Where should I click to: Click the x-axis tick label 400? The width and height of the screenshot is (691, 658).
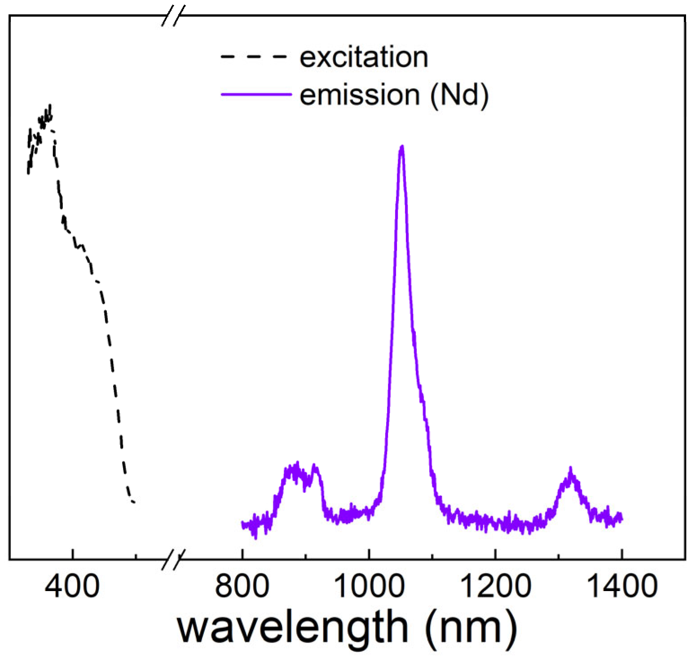point(72,587)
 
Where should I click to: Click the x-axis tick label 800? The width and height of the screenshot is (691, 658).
point(242,587)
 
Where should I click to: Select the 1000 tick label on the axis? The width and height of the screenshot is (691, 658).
point(369,587)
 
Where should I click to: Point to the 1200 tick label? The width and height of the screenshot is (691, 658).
point(496,587)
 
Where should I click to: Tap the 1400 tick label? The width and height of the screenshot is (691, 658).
point(622,587)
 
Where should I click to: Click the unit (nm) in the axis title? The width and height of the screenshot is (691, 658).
point(471,628)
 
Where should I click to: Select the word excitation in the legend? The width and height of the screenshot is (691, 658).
point(364,57)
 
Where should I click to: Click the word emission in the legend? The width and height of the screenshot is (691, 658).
point(360,95)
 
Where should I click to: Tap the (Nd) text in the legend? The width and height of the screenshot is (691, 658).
point(459,95)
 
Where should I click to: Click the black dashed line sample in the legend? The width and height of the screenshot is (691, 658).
point(254,57)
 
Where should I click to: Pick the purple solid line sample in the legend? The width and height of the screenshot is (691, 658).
point(256,94)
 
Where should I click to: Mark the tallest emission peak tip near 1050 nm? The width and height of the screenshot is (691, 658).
point(402,146)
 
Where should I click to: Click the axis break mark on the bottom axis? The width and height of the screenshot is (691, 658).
point(173,560)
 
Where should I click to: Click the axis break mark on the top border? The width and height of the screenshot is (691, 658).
point(173,16)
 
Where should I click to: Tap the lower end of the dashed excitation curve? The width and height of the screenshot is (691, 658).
point(133,502)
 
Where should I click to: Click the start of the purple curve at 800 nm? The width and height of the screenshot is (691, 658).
point(243,524)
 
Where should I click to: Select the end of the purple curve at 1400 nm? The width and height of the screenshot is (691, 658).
point(621,519)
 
